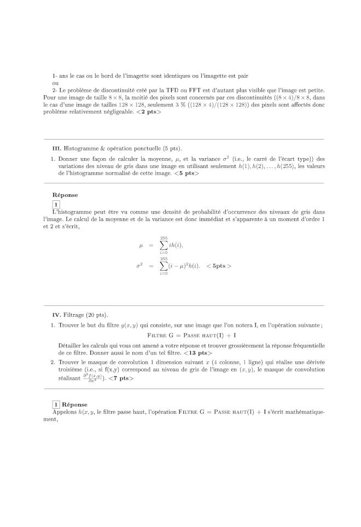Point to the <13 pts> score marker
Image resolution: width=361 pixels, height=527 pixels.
(x=198, y=353)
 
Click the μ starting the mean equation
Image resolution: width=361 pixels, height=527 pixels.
(x=141, y=246)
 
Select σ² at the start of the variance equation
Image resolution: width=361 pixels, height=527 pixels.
(x=140, y=266)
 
